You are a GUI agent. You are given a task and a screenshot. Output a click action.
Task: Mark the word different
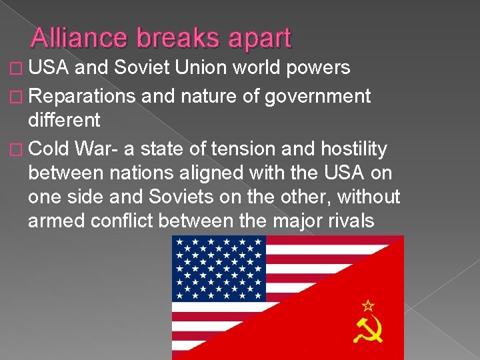click(64, 121)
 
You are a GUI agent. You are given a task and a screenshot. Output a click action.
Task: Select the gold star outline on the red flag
click(367, 305)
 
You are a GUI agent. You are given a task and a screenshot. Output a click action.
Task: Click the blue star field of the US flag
click(219, 268)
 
